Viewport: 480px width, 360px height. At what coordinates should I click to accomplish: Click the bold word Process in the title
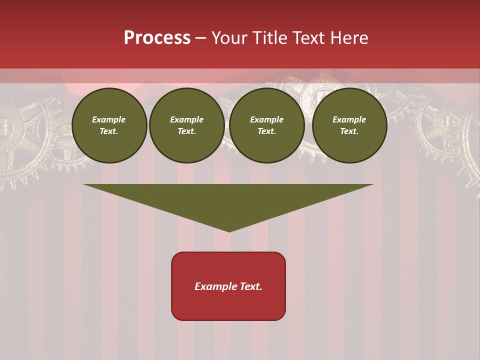[x=157, y=38]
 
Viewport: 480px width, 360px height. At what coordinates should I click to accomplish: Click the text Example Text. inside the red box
[x=228, y=286]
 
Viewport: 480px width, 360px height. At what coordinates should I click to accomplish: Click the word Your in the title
[x=227, y=38]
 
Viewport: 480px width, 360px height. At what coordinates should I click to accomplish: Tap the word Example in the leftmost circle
[x=109, y=119]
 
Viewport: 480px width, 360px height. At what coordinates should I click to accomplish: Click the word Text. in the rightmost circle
[x=349, y=131]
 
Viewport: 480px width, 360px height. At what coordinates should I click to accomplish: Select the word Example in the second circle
[x=187, y=119]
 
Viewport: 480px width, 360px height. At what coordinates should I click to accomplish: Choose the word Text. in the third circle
[x=267, y=131]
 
